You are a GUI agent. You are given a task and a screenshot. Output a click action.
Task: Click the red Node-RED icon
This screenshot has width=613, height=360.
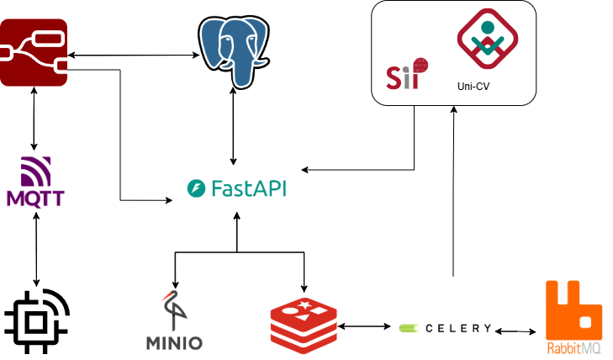pyautogui.click(x=34, y=55)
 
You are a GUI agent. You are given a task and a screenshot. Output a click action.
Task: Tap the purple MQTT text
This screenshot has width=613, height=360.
pyautogui.click(x=34, y=199)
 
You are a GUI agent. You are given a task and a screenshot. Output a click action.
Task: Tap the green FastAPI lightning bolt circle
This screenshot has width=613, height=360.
pyautogui.click(x=196, y=189)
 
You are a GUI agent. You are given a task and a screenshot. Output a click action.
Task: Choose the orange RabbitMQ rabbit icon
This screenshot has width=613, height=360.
pyautogui.click(x=573, y=309)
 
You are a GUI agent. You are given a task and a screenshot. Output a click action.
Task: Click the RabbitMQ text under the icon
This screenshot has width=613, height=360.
pyautogui.click(x=573, y=347)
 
